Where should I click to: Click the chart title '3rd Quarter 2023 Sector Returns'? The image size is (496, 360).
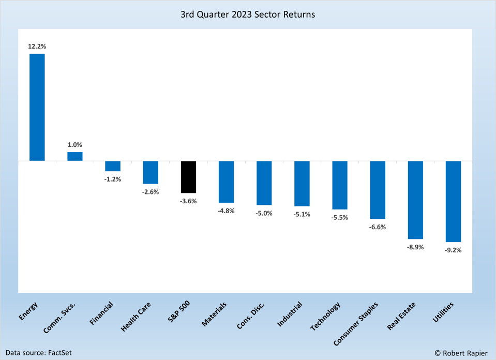tap(248, 14)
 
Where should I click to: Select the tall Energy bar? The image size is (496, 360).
tap(37, 107)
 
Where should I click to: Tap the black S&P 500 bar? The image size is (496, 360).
tap(188, 177)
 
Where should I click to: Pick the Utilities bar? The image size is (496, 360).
tap(453, 201)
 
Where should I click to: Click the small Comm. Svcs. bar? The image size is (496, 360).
tap(75, 156)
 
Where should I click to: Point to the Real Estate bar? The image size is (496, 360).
tap(415, 200)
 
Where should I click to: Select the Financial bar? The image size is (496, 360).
tap(113, 166)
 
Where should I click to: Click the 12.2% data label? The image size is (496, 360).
tap(37, 47)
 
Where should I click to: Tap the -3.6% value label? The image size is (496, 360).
tap(188, 201)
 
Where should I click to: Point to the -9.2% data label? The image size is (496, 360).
tap(453, 250)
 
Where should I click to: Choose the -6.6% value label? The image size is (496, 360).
tap(378, 227)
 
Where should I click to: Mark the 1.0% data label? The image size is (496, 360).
tap(75, 145)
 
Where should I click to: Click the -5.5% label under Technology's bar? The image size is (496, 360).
tap(340, 218)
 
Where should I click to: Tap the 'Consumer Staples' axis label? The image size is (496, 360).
tap(356, 324)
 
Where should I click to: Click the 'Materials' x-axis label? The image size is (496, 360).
tap(214, 314)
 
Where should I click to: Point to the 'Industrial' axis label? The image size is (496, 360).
tap(290, 314)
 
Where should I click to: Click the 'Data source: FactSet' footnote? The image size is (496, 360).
tap(38, 353)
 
